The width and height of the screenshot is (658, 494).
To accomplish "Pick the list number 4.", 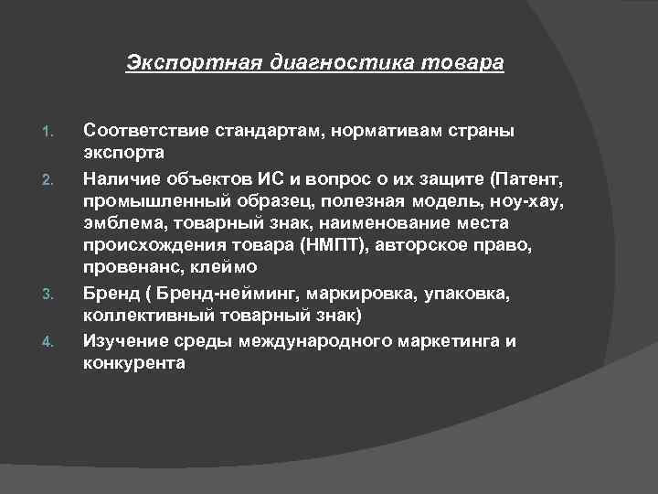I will tap(50, 342).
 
